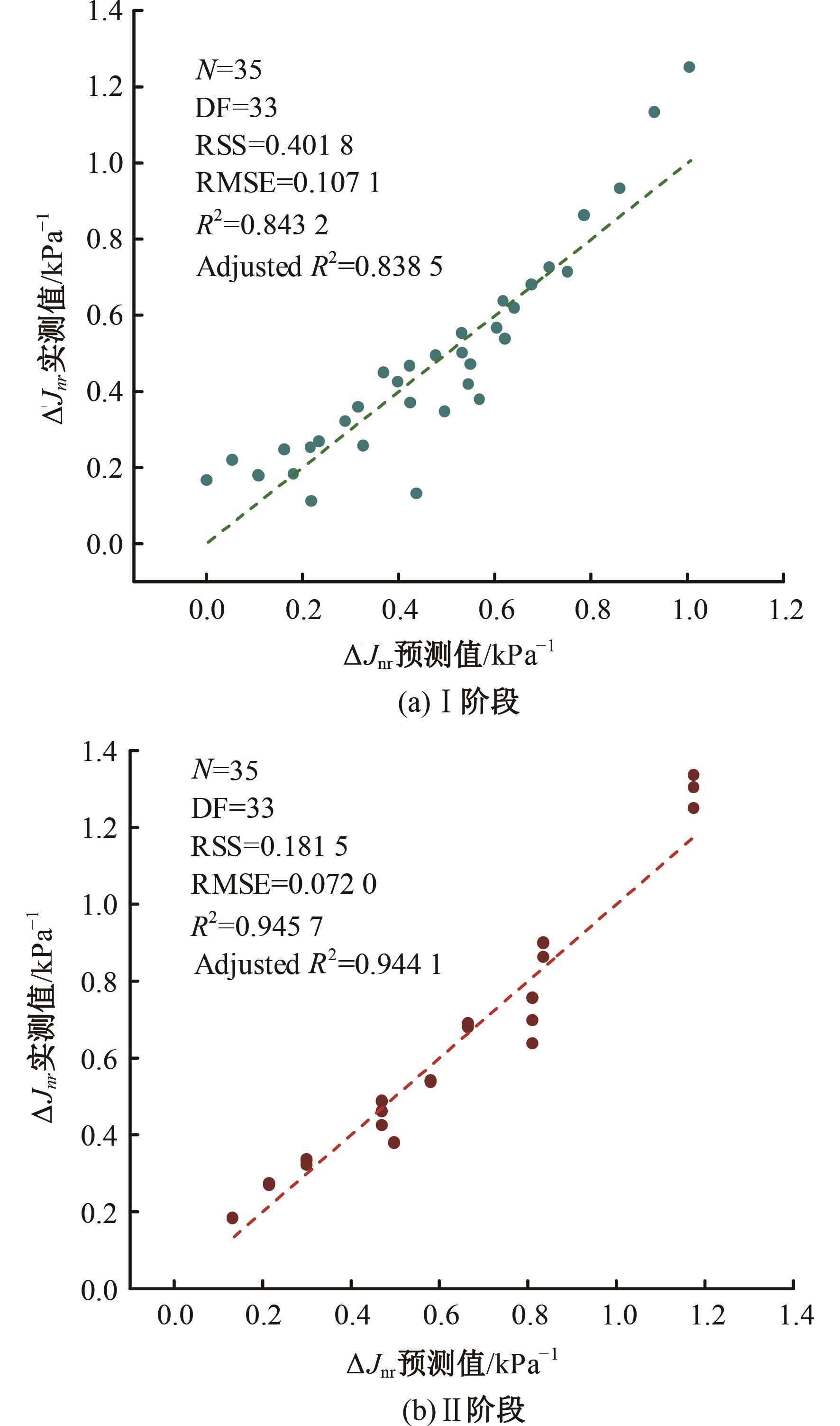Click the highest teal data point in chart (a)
(689, 67)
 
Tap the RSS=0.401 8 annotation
(274, 146)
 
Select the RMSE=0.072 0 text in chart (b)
(283, 884)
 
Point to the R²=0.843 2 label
(262, 224)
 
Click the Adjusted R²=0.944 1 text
(318, 964)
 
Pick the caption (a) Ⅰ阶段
(458, 702)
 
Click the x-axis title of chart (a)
(448, 656)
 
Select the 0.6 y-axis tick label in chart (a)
(105, 315)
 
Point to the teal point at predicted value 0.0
(207, 480)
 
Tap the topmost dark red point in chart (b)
(694, 775)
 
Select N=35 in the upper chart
(228, 70)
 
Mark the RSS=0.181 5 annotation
(269, 847)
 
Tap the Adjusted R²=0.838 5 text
(319, 266)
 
